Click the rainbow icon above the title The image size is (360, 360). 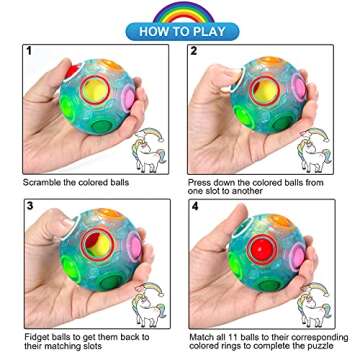[x=181, y=11]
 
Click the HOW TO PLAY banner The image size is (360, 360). [x=180, y=30]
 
